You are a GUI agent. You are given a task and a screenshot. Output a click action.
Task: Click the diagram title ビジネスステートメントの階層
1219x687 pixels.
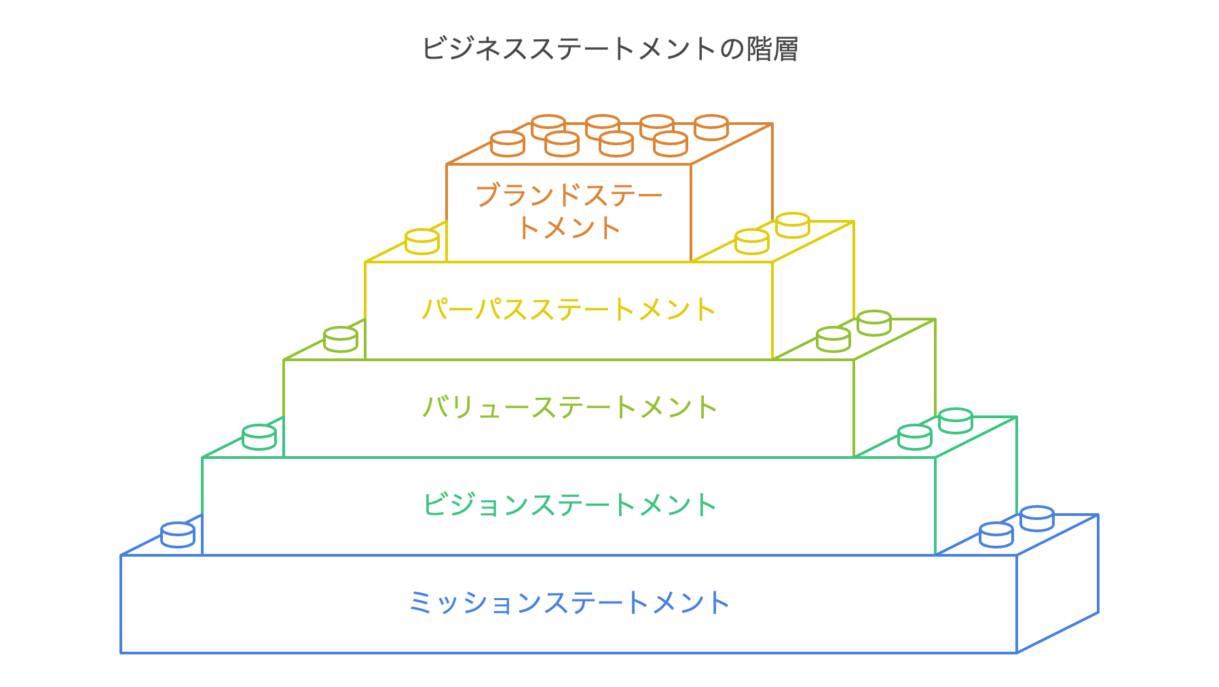[x=609, y=49]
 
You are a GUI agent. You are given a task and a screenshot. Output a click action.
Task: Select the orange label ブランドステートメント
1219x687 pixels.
[x=569, y=211]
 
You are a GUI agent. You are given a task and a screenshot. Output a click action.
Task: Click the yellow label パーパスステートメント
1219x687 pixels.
[x=569, y=310]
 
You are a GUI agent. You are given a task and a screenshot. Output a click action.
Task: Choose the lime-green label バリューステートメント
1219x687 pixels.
[x=569, y=407]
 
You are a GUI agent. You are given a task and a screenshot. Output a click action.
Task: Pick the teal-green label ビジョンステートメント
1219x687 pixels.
[x=569, y=505]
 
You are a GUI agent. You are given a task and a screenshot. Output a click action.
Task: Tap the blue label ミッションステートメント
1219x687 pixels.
[x=569, y=603]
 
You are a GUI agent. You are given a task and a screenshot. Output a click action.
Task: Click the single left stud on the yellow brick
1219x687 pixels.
[x=422, y=242]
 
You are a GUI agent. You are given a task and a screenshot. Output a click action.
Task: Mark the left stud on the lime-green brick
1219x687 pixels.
[x=341, y=339]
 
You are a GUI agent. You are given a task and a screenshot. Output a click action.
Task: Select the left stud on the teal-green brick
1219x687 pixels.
[x=259, y=437]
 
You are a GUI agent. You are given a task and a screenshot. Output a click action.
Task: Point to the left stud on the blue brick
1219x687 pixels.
[x=178, y=535]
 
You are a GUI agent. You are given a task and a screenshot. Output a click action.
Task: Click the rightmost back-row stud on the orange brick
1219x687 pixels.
[x=711, y=127]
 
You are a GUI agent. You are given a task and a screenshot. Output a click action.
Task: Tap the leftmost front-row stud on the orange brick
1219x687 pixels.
[x=508, y=144]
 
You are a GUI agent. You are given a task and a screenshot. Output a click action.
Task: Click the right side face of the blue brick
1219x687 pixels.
[x=1057, y=584]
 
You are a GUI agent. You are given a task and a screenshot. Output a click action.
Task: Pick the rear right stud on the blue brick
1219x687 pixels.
[x=1037, y=519]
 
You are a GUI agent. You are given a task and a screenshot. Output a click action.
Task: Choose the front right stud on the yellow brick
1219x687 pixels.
[x=752, y=242]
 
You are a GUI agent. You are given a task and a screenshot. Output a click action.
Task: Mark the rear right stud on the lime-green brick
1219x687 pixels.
[x=874, y=323]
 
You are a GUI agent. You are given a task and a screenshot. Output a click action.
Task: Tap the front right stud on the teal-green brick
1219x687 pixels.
[x=915, y=437]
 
